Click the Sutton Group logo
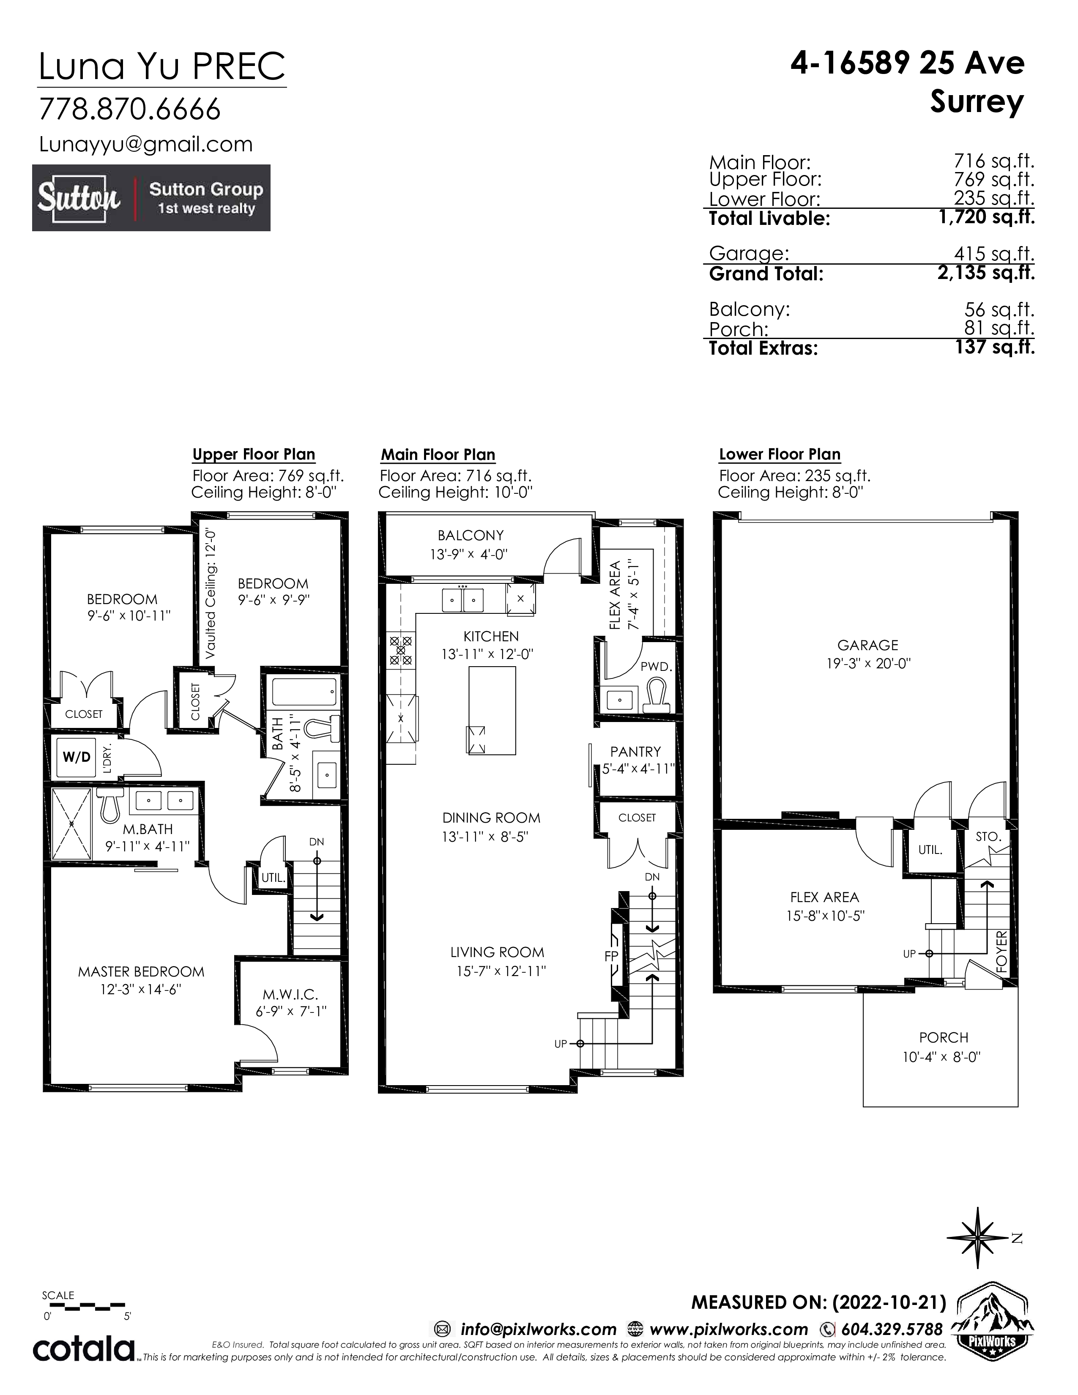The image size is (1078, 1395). (x=151, y=198)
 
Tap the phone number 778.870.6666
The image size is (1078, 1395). (x=130, y=109)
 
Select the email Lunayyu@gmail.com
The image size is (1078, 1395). (x=146, y=144)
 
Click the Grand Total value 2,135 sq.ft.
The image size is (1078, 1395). (x=987, y=274)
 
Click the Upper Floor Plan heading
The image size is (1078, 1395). (x=254, y=455)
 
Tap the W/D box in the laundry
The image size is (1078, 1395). (x=77, y=757)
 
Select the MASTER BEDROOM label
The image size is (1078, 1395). (x=141, y=972)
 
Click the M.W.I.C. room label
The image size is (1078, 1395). (x=290, y=995)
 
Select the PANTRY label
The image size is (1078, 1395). (x=635, y=752)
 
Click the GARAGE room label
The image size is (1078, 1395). (x=868, y=645)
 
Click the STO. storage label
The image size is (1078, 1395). (x=988, y=836)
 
